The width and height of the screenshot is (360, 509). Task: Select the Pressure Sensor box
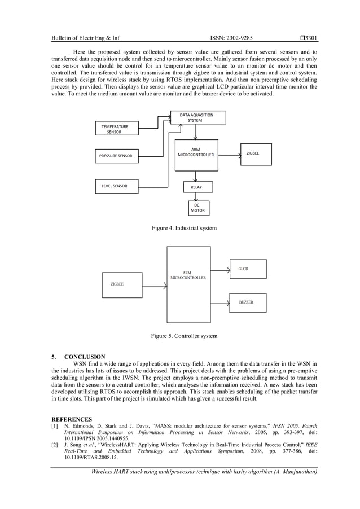click(116, 156)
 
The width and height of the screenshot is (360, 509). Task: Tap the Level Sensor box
click(116, 186)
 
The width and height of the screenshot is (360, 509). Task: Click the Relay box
click(196, 187)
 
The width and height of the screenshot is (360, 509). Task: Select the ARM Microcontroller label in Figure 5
click(188, 275)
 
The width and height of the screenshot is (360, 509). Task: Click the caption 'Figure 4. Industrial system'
click(184, 228)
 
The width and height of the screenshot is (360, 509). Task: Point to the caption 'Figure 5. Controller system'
click(184, 336)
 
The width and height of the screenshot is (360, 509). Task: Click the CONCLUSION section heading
click(85, 357)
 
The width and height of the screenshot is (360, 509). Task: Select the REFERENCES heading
click(72, 419)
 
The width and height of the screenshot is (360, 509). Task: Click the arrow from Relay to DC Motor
click(196, 196)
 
